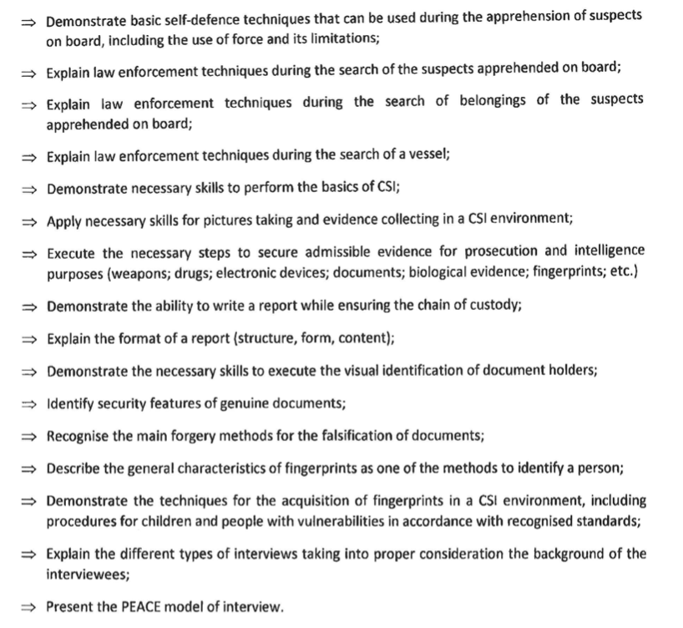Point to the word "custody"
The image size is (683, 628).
(495, 305)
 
